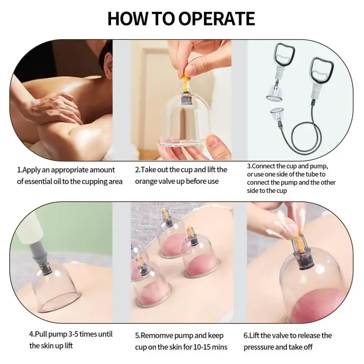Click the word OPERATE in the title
point(217,19)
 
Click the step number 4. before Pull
point(32,334)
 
